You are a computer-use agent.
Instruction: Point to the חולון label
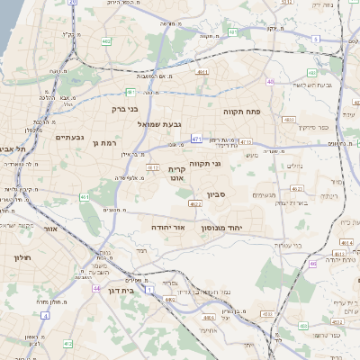click(x=22, y=258)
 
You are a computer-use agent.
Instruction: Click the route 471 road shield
click(x=197, y=140)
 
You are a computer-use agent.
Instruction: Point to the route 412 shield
click(x=67, y=344)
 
